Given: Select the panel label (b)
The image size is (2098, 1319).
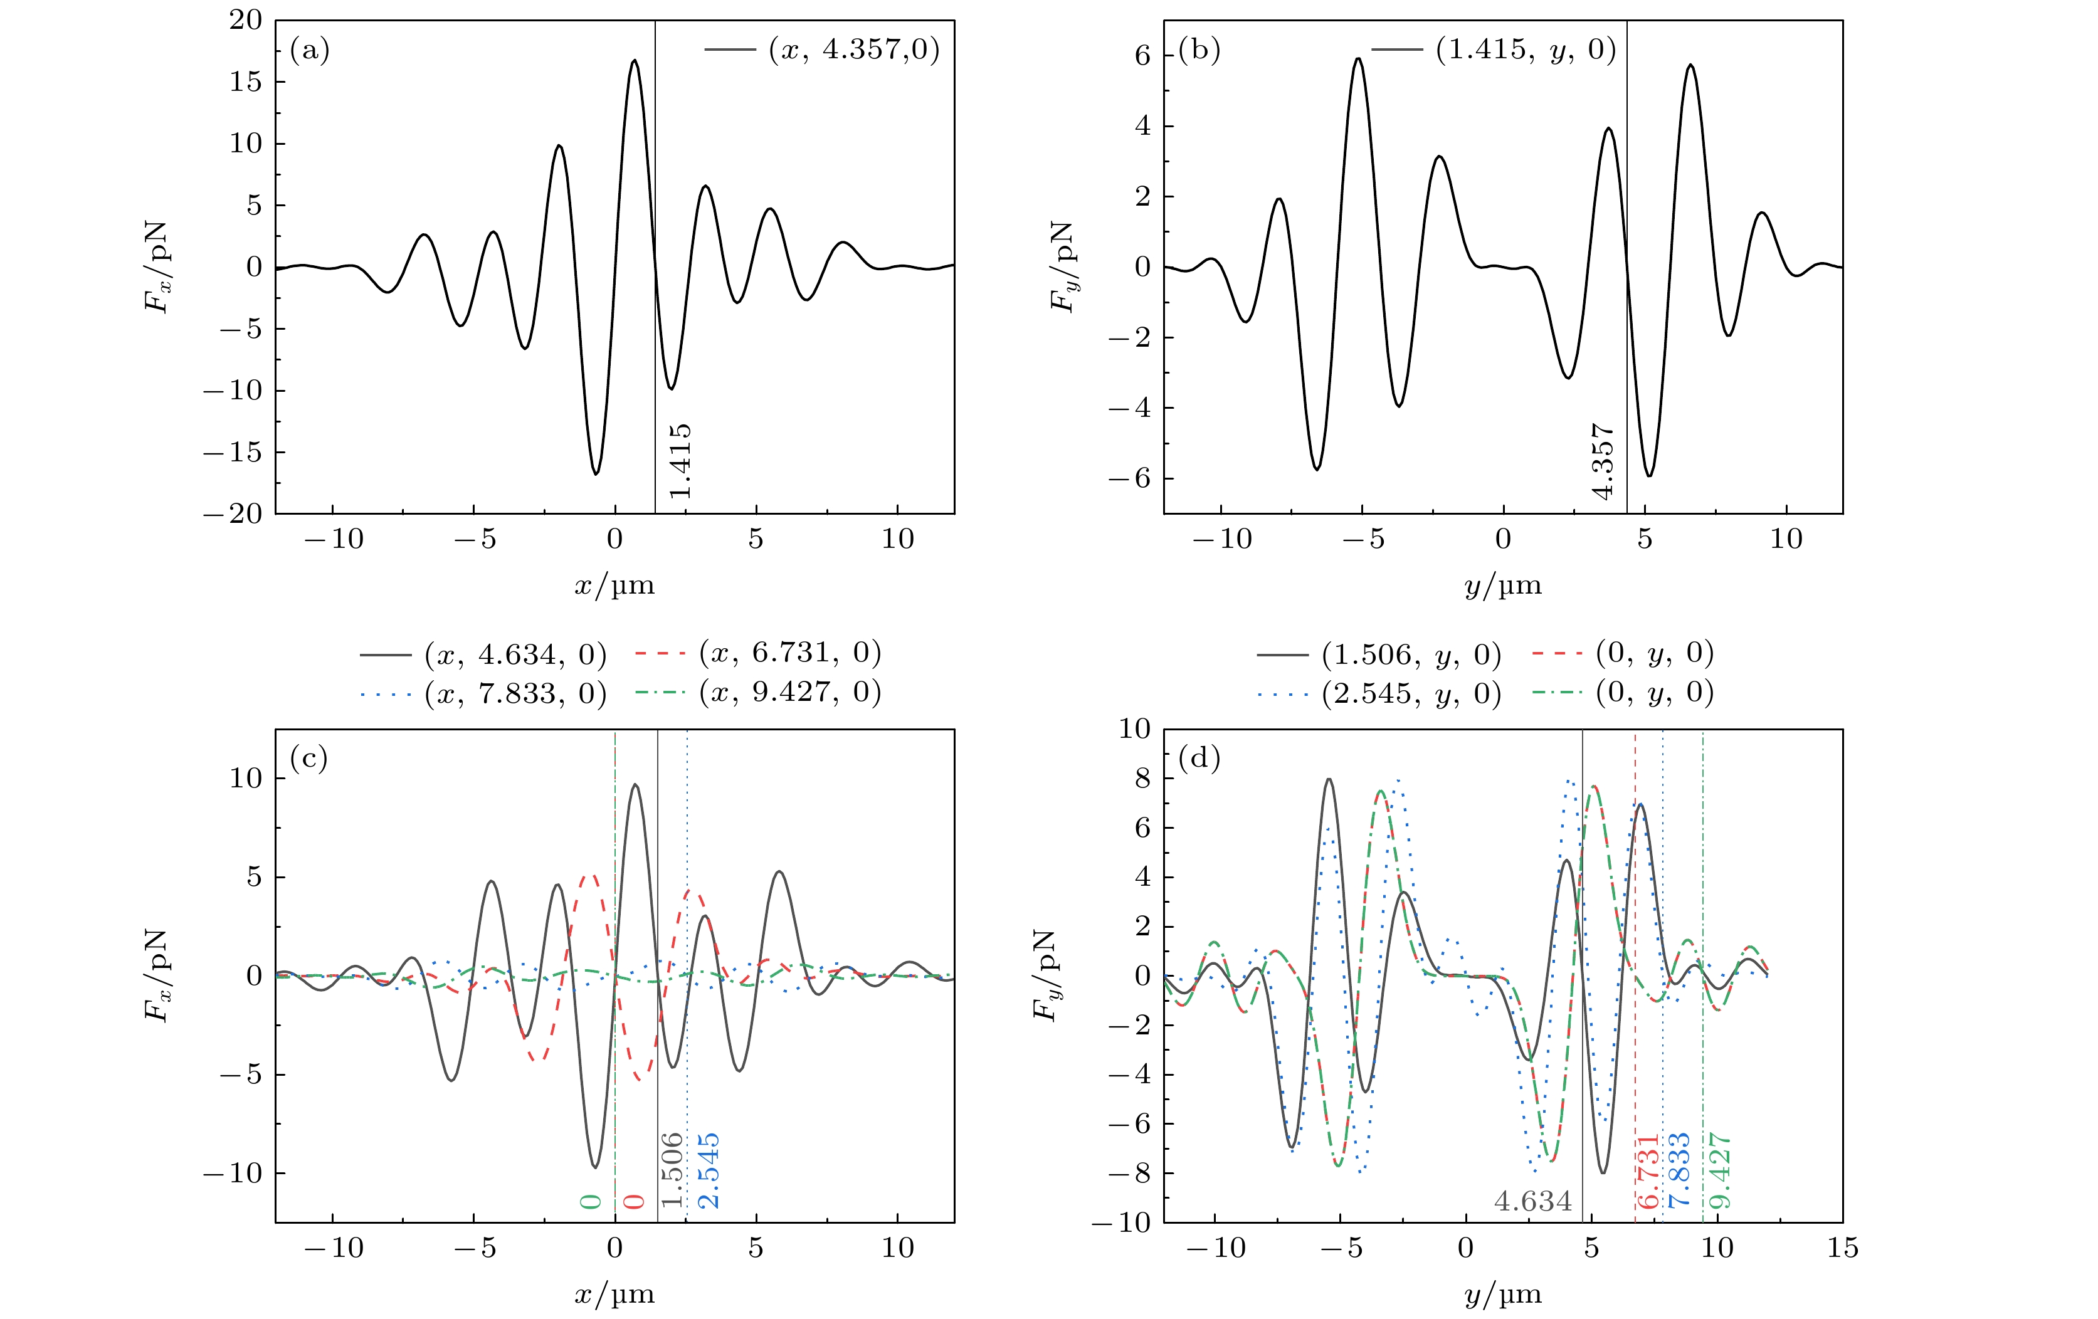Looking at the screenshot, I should pyautogui.click(x=1199, y=51).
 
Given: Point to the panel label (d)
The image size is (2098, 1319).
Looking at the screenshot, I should pyautogui.click(x=1199, y=759).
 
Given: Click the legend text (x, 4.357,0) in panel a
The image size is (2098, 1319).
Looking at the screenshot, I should pyautogui.click(x=854, y=50).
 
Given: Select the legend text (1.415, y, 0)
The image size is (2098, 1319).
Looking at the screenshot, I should pyautogui.click(x=1526, y=50).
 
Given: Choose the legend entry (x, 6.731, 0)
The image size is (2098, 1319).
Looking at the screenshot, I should pyautogui.click(x=789, y=653).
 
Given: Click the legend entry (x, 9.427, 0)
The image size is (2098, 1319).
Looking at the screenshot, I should pyautogui.click(x=789, y=693).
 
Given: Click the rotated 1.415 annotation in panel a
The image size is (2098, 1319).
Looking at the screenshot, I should pyautogui.click(x=680, y=461).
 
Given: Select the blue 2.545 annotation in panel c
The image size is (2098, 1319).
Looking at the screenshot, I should pyautogui.click(x=709, y=1170).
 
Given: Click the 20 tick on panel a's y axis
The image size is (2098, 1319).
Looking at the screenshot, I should pyautogui.click(x=246, y=20).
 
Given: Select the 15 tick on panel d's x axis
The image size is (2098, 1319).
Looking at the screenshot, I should pyautogui.click(x=1842, y=1248).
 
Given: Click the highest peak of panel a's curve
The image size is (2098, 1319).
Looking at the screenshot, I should pyautogui.click(x=635, y=60).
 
